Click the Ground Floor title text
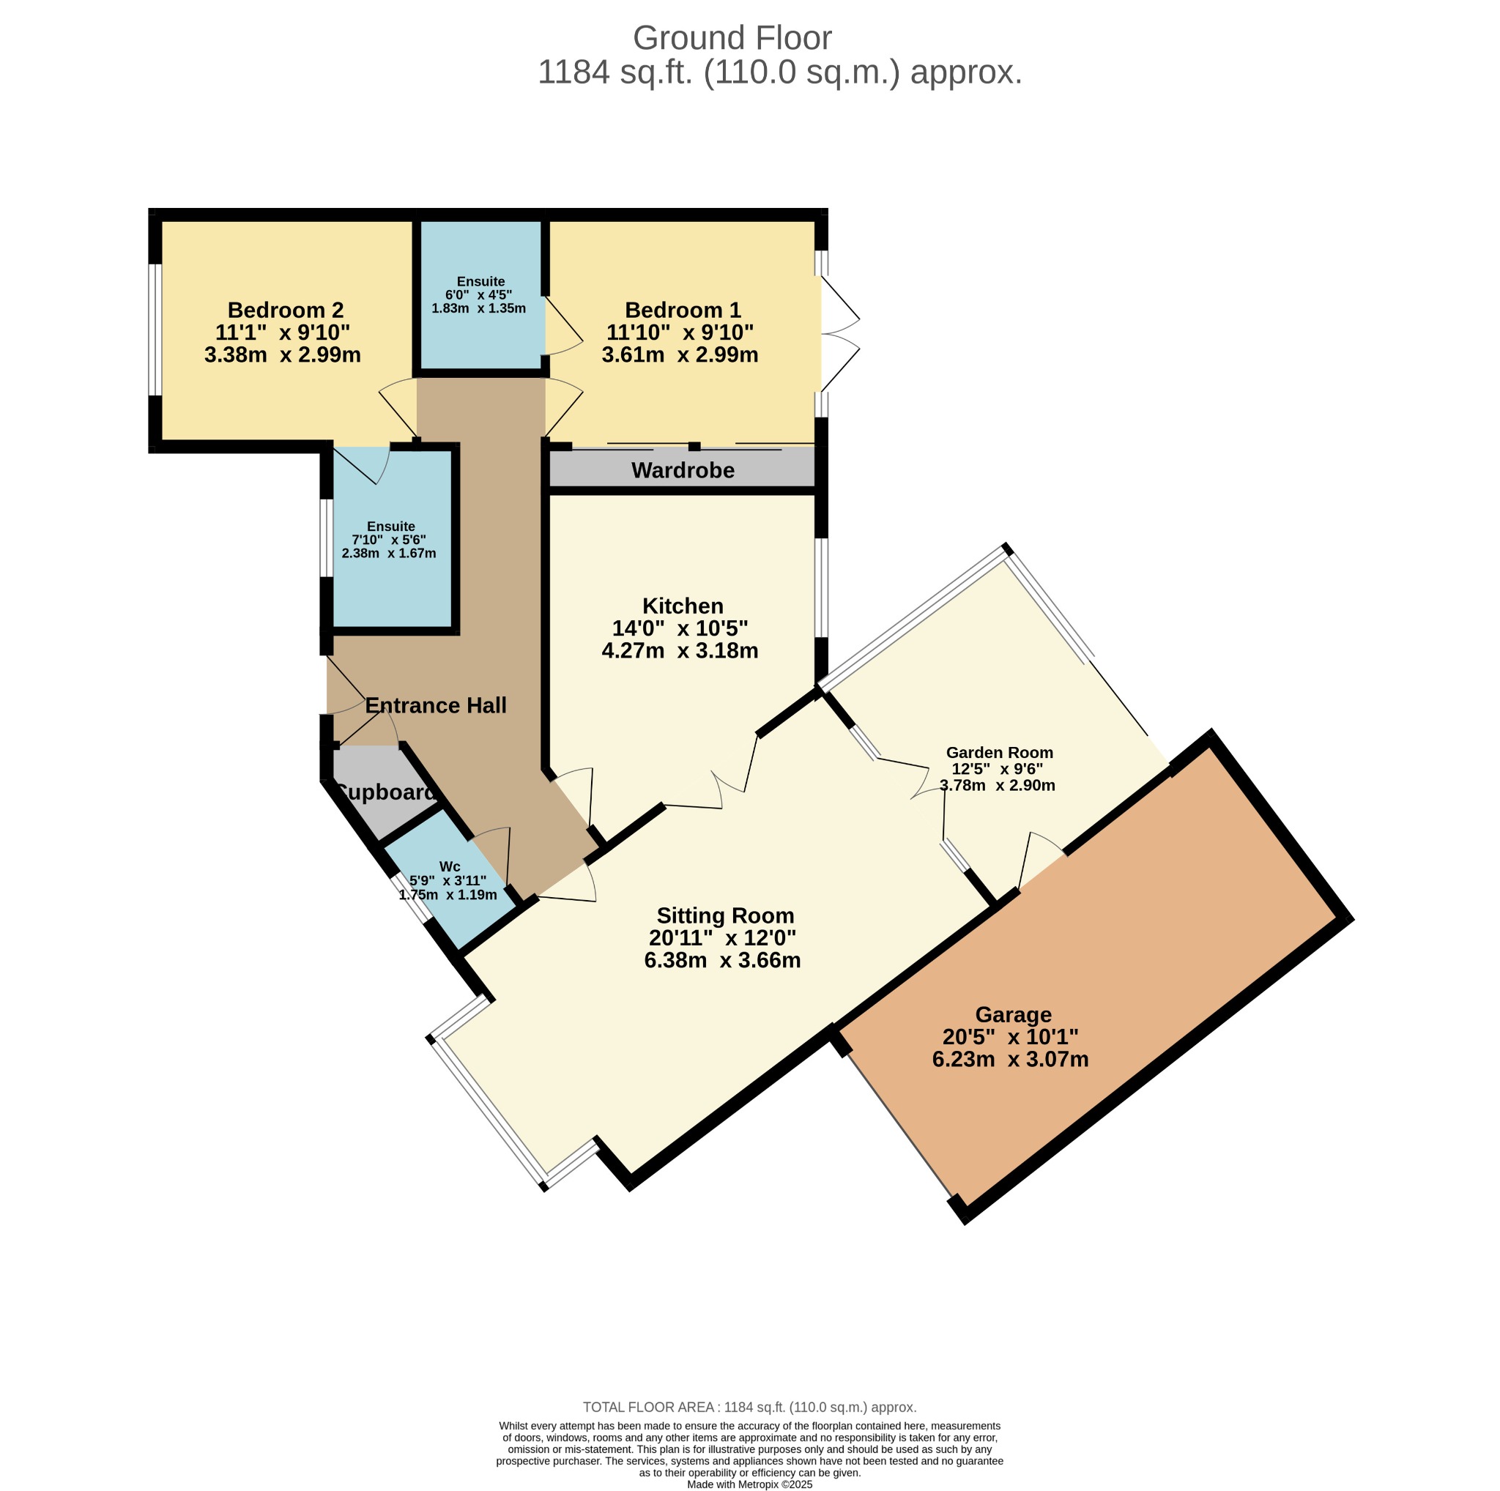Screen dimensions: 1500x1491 732,38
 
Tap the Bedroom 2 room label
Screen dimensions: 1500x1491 285,311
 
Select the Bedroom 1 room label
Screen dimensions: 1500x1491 683,311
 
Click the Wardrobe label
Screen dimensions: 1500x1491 683,470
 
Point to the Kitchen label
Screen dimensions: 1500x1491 683,606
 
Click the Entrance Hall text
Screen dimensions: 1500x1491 436,705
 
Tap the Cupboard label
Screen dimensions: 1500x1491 386,792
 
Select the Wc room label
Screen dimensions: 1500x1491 450,867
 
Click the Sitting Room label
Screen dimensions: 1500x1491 725,916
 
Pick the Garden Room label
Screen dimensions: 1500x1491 999,753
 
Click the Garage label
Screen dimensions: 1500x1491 1013,1015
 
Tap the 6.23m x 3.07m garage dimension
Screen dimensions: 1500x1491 1010,1060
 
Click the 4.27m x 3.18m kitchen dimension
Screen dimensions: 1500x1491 680,650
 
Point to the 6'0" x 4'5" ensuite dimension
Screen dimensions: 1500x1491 478,295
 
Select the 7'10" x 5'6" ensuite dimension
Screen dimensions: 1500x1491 389,540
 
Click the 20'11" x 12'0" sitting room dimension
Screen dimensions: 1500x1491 722,938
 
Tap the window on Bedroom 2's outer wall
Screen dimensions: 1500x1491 155,330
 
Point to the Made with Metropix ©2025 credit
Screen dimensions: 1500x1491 749,1484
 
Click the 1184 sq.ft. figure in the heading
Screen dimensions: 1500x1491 614,73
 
